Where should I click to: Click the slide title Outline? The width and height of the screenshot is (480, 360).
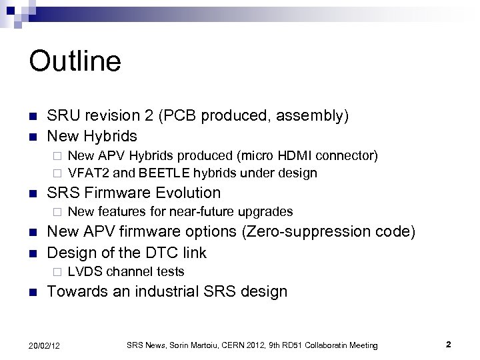pos(75,61)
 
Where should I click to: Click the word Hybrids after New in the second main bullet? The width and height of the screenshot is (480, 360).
pos(111,136)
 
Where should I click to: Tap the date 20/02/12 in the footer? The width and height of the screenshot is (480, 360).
pos(45,345)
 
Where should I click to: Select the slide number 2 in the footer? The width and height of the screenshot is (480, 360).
pos(449,344)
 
